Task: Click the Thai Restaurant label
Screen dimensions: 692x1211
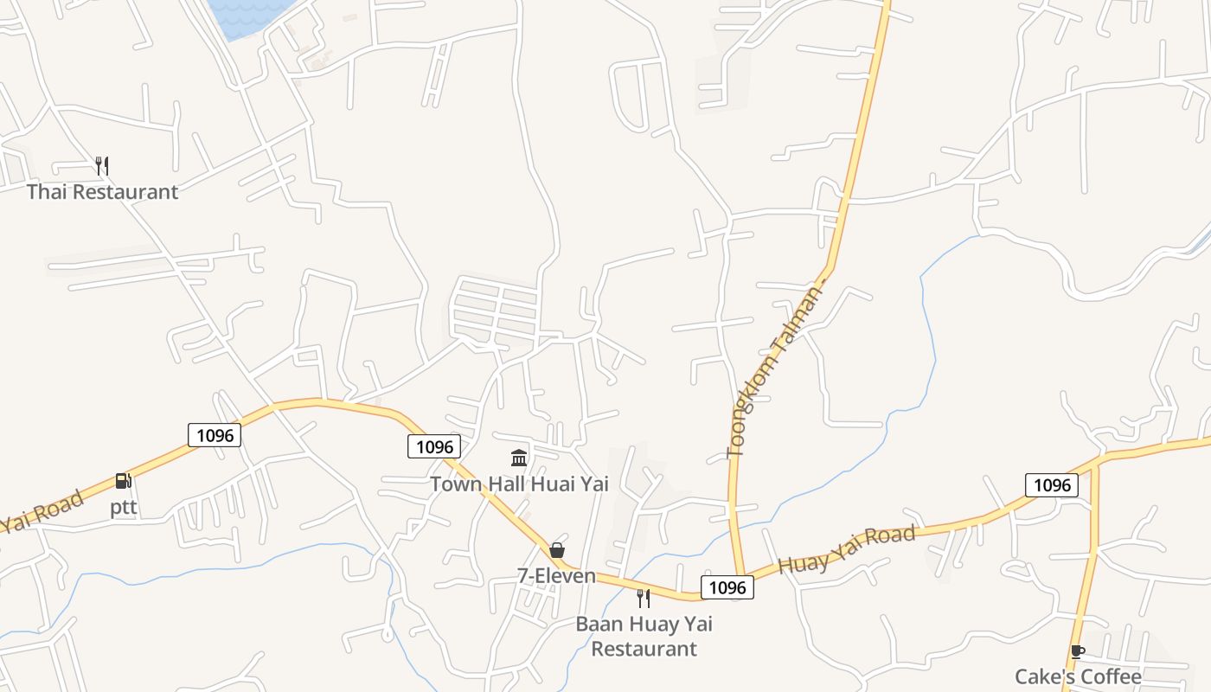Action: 102,192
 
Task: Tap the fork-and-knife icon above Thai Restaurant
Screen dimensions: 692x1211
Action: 102,165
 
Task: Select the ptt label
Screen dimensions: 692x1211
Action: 124,508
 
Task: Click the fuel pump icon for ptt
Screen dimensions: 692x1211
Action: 124,481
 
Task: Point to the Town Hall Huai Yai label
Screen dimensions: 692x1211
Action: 519,484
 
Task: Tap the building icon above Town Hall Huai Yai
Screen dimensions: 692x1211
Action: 519,458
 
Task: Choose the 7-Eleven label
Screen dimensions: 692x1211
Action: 557,576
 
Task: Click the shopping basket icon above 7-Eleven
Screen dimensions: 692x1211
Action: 557,550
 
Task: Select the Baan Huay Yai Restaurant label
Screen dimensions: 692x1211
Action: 644,636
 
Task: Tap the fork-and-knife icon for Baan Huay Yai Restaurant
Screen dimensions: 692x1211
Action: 644,598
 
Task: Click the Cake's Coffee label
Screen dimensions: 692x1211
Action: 1078,676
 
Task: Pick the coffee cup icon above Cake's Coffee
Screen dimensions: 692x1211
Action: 1077,651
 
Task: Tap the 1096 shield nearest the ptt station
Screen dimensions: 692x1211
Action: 215,435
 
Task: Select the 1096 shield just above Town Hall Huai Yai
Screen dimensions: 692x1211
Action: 434,446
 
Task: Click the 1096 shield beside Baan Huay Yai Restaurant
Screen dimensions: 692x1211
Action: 727,588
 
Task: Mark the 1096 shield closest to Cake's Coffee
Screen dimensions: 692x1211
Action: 1052,485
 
